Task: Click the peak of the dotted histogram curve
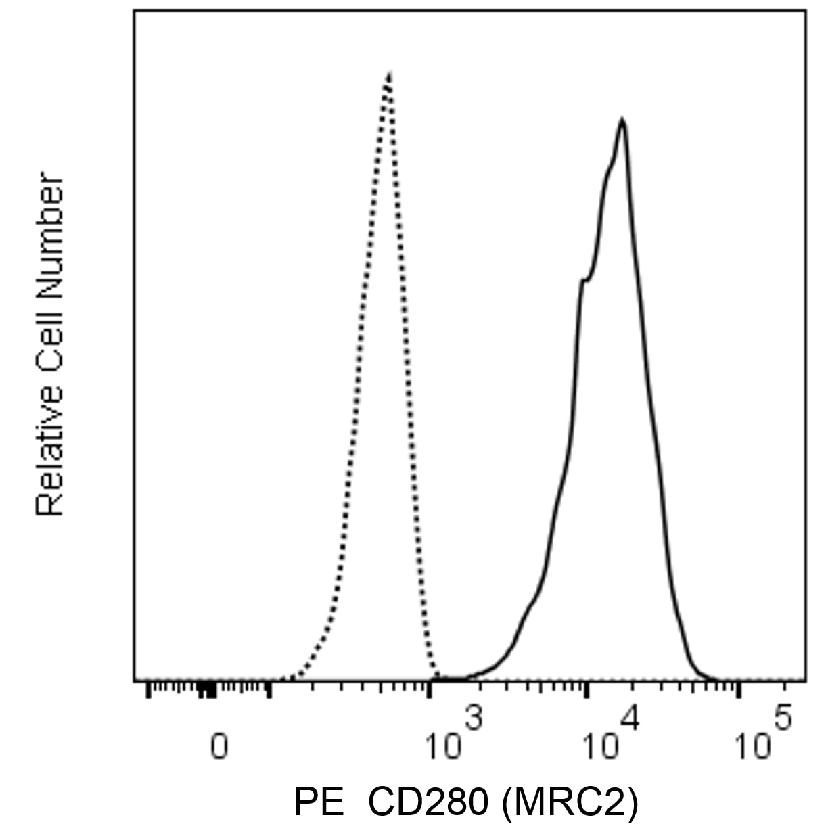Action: [x=389, y=73]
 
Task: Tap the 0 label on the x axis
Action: [x=219, y=747]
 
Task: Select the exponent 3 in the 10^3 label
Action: [x=473, y=718]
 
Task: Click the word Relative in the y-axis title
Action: [x=50, y=449]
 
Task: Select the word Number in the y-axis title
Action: [x=50, y=237]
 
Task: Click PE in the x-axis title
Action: [x=315, y=802]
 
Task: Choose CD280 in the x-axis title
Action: [x=427, y=802]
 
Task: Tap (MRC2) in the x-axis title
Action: [x=569, y=802]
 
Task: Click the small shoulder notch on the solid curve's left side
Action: [x=583, y=280]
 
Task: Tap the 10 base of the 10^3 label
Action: [x=443, y=747]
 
